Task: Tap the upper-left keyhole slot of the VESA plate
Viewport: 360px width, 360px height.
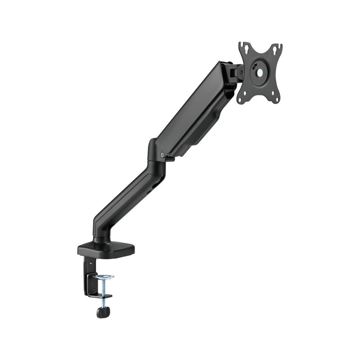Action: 243,46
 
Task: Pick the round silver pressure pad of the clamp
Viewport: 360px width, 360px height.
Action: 103,277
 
